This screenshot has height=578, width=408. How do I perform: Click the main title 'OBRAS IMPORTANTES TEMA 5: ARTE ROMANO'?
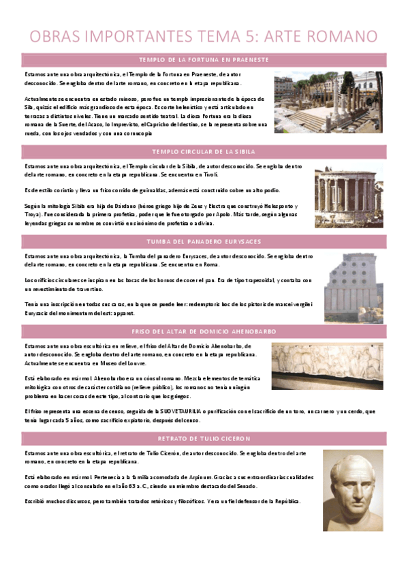coord(204,35)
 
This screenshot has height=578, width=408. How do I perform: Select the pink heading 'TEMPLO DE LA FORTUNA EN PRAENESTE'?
coord(204,60)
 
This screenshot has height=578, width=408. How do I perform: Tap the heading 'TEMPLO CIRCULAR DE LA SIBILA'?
coord(204,151)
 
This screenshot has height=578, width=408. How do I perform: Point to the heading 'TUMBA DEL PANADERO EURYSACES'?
coord(204,241)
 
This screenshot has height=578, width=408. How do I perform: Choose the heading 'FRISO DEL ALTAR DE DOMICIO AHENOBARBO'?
coord(204,331)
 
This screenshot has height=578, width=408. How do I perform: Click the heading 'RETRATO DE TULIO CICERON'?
coord(204,438)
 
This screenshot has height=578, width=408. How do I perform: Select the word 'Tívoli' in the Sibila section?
coord(191,174)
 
